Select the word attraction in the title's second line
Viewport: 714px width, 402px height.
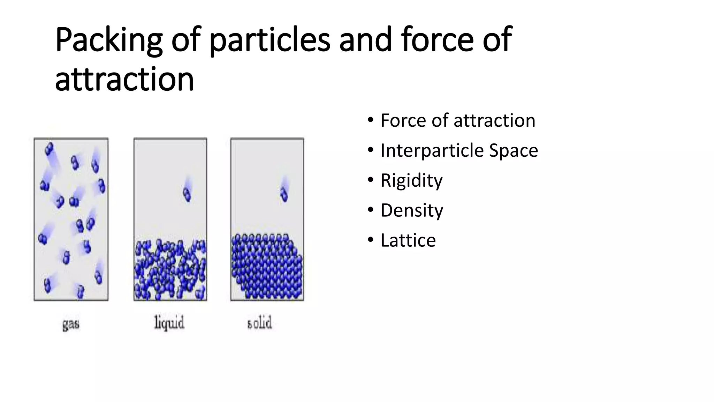pos(124,80)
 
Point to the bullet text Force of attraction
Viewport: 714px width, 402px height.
pos(458,121)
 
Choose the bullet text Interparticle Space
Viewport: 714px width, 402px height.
pos(459,151)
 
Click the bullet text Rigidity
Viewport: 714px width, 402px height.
pos(411,181)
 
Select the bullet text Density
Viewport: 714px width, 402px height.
pos(412,211)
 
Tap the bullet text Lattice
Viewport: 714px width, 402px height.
pos(408,241)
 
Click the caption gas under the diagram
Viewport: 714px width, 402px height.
pos(71,324)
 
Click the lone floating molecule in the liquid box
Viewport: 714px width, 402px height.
pos(187,194)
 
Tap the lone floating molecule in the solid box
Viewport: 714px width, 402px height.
pos(284,194)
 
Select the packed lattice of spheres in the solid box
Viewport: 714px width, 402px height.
pos(267,267)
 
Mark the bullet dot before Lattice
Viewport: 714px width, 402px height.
pos(370,240)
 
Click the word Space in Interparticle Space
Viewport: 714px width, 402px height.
pos(514,151)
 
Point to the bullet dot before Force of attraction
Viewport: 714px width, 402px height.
pos(370,120)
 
